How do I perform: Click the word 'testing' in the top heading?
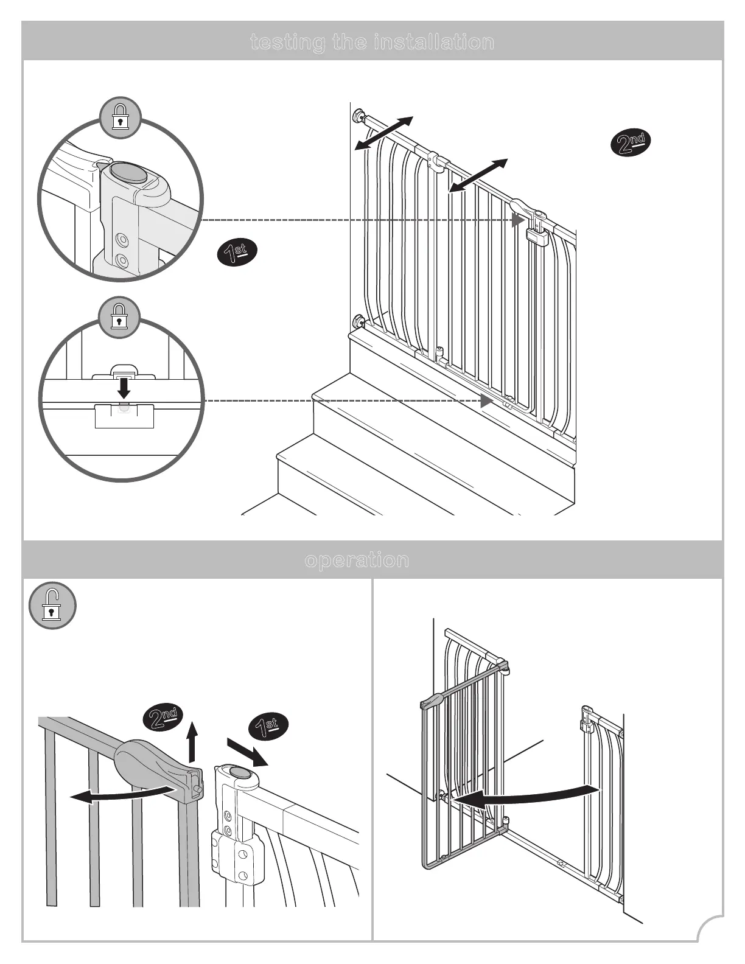(x=287, y=42)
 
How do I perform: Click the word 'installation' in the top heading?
(x=434, y=42)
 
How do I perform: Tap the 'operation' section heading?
(x=357, y=560)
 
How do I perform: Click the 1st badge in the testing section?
(x=237, y=253)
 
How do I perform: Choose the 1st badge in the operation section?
(x=268, y=727)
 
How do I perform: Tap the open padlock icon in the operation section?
(x=53, y=606)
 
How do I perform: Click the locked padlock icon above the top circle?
(x=121, y=117)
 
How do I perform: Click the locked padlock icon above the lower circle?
(x=120, y=318)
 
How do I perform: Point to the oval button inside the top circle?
(x=130, y=173)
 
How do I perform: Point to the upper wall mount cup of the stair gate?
(x=359, y=115)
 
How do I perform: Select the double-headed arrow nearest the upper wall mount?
(x=384, y=133)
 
